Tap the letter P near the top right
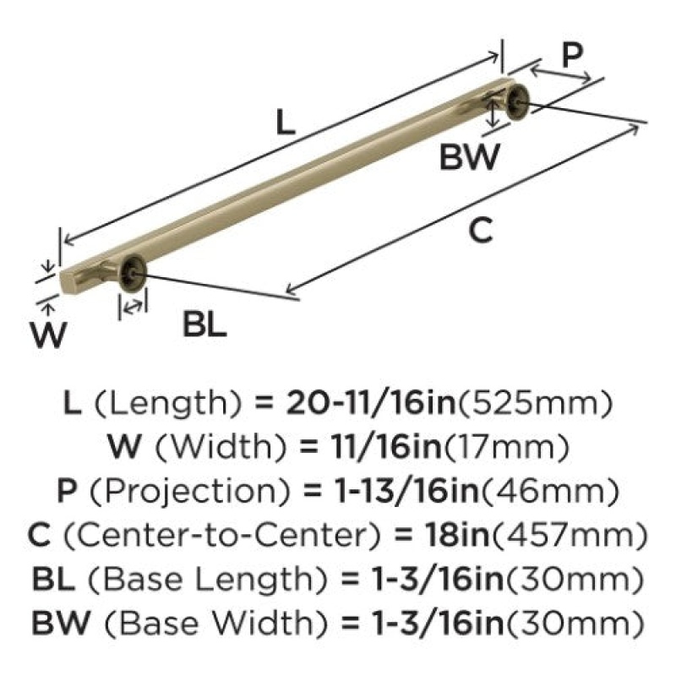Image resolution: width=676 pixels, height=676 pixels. [573, 55]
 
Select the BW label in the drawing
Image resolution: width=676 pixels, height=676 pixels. [469, 157]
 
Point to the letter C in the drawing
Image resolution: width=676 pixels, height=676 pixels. [481, 230]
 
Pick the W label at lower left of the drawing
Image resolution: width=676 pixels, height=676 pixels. [48, 335]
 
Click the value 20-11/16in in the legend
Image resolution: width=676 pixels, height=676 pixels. [371, 403]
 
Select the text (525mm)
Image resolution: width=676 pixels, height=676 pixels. [534, 404]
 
